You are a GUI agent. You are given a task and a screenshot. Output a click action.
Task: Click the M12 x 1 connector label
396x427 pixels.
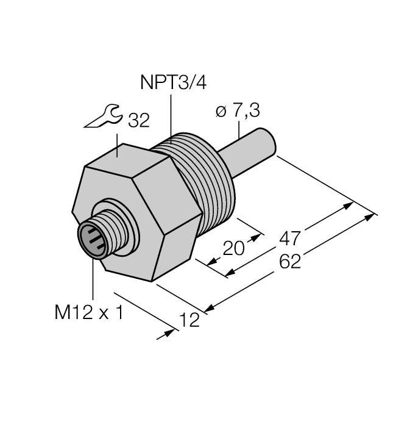(x=88, y=314)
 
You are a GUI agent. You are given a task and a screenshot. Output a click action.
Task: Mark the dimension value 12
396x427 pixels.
(x=191, y=320)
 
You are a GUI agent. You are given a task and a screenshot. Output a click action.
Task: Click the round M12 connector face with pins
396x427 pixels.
(x=91, y=238)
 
